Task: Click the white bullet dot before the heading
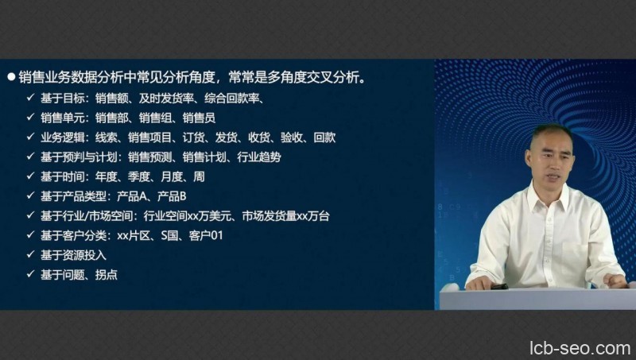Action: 11,78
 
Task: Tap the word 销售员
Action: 198,118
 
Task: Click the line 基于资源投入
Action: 72,255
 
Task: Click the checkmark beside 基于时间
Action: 29,176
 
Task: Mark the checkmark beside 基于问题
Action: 29,275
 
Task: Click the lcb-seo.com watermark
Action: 579,348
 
